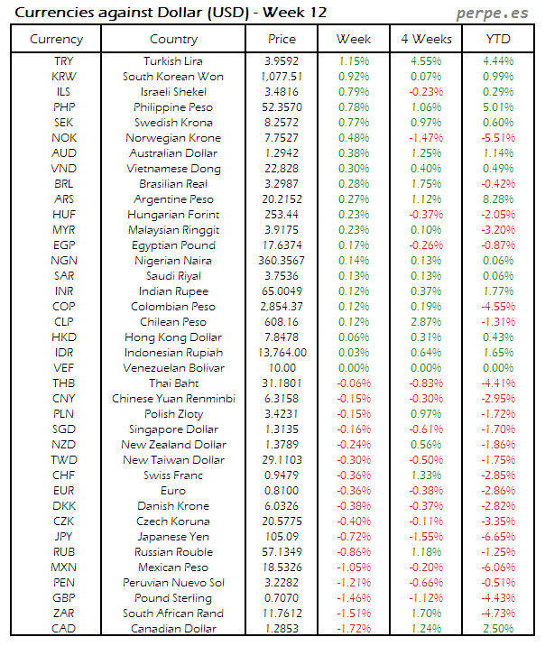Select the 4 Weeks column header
(x=425, y=39)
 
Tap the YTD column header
(x=497, y=39)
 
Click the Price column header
(x=282, y=39)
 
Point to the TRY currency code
(x=65, y=61)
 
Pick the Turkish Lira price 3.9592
(x=282, y=61)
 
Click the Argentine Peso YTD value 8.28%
(x=497, y=199)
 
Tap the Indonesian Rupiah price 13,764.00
(x=282, y=353)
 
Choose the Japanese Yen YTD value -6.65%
(x=497, y=537)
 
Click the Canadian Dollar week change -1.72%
(x=354, y=629)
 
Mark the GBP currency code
(x=65, y=598)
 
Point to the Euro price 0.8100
(x=282, y=491)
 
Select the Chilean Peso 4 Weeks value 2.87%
(x=425, y=322)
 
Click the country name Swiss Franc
(x=173, y=475)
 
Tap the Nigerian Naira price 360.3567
(x=282, y=261)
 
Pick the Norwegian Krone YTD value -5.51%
(x=497, y=138)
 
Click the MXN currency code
(x=65, y=568)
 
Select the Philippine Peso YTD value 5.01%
(x=497, y=107)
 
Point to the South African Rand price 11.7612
(x=282, y=614)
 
